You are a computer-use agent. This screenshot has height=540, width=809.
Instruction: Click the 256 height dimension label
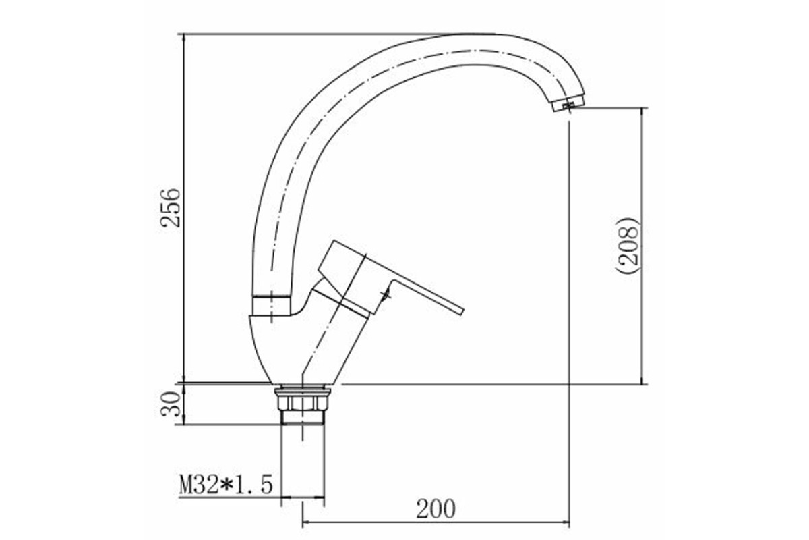(170, 207)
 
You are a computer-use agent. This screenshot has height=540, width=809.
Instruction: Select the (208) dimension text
(630, 246)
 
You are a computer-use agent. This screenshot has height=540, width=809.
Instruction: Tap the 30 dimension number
(170, 404)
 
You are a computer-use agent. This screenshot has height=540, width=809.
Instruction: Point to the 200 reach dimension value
(436, 509)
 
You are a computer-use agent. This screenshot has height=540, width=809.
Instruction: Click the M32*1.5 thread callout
(226, 485)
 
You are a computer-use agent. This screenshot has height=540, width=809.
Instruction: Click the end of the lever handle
(460, 312)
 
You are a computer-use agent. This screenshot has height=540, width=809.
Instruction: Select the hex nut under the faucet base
(302, 403)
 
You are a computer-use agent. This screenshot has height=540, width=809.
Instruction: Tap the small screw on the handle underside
(386, 295)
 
